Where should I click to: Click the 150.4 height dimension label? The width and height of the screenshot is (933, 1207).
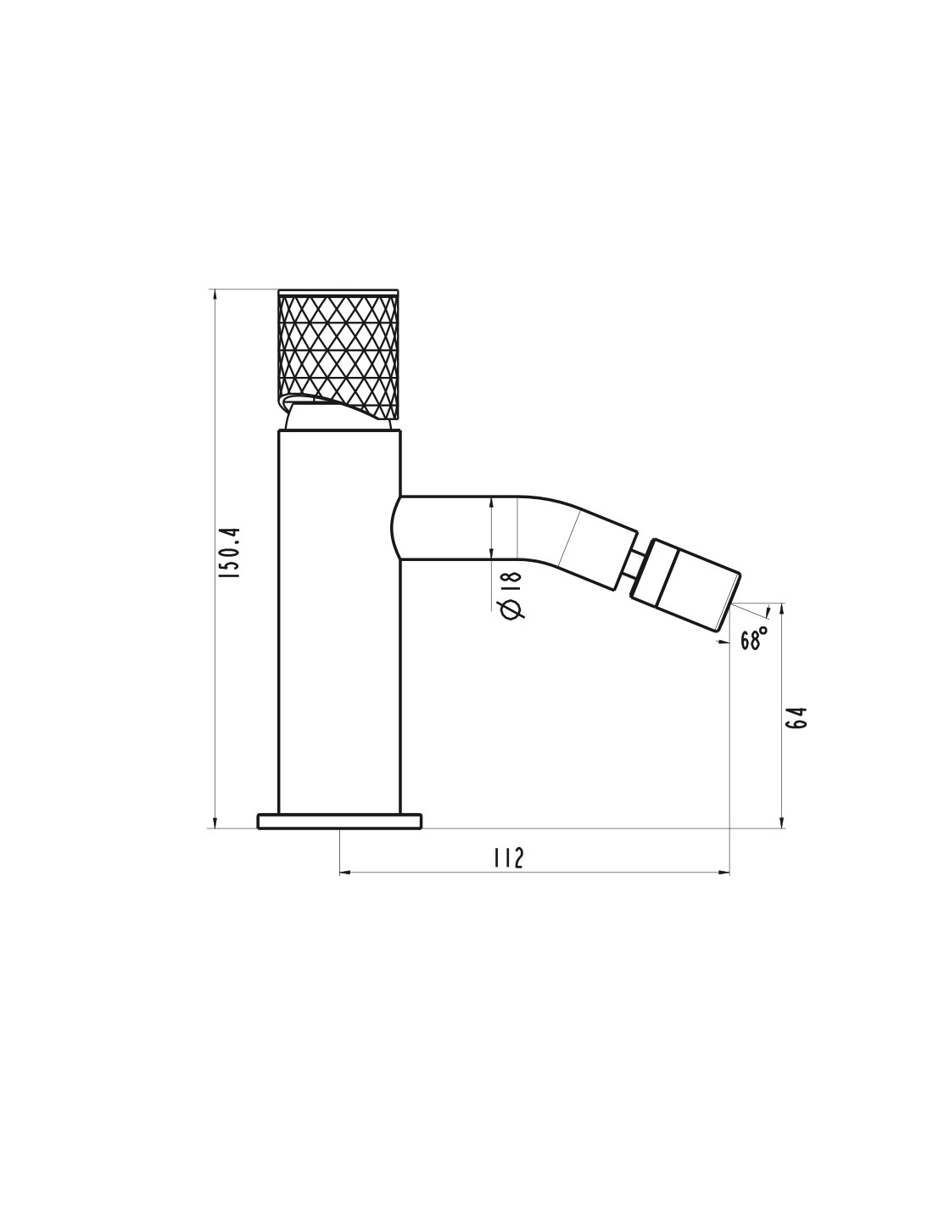[228, 553]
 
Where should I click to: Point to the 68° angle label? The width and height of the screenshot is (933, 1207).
[754, 639]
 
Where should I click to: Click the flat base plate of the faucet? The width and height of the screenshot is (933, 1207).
[339, 821]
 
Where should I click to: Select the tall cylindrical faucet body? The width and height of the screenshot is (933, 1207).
[338, 622]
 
